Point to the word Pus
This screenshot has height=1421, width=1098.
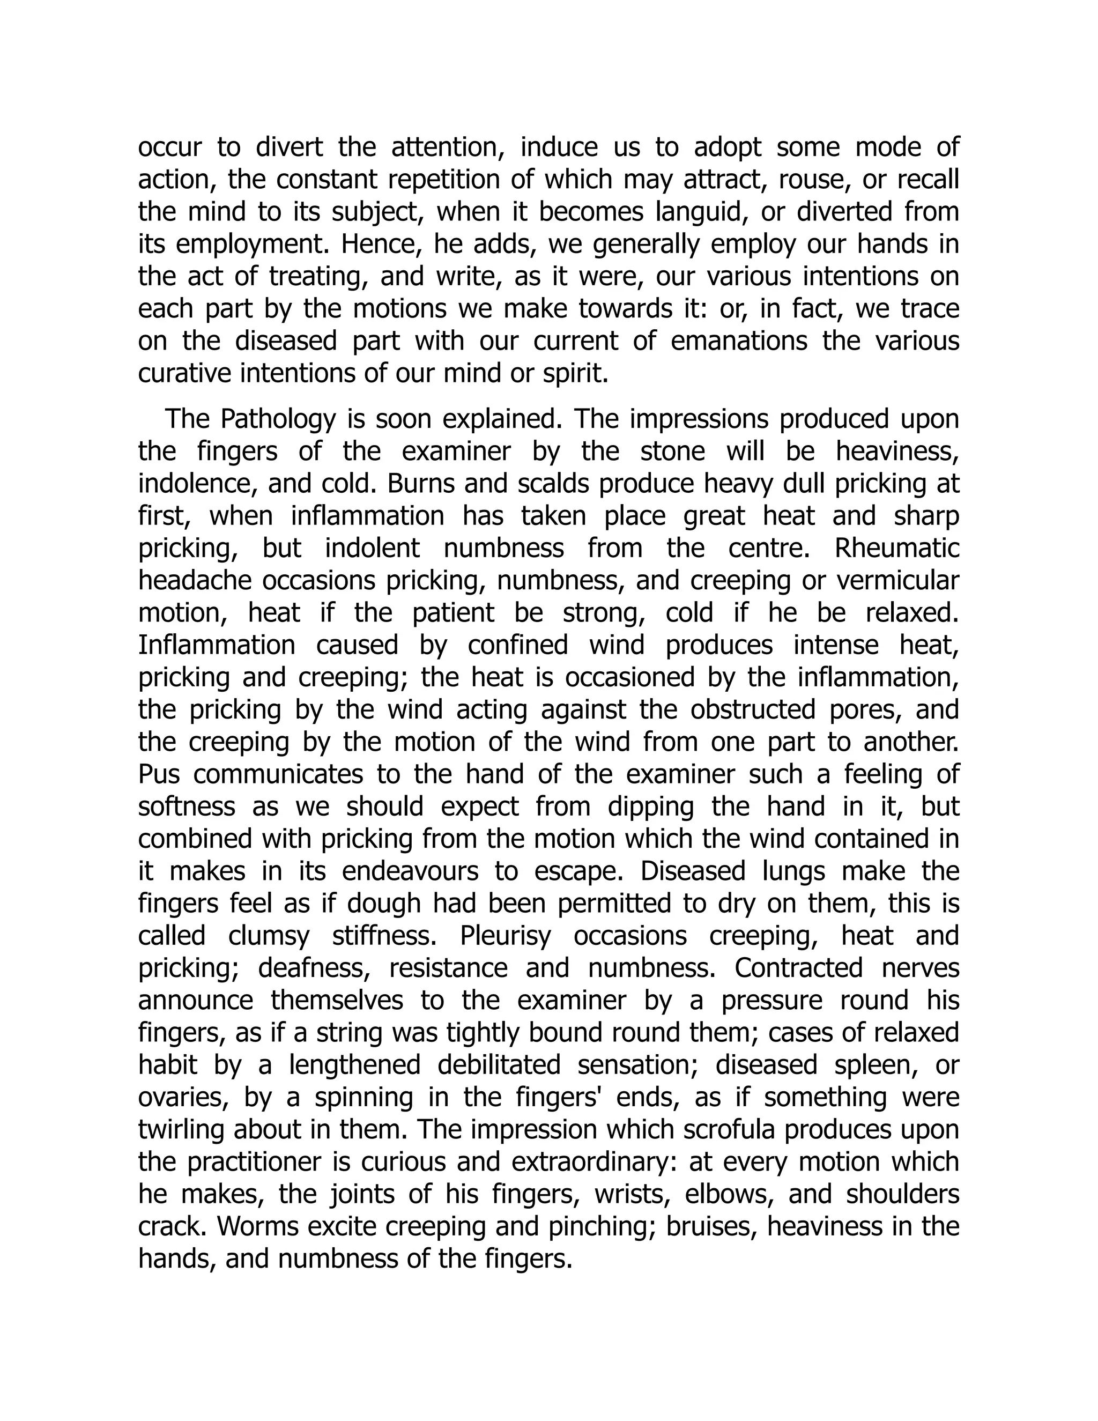[x=158, y=774]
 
